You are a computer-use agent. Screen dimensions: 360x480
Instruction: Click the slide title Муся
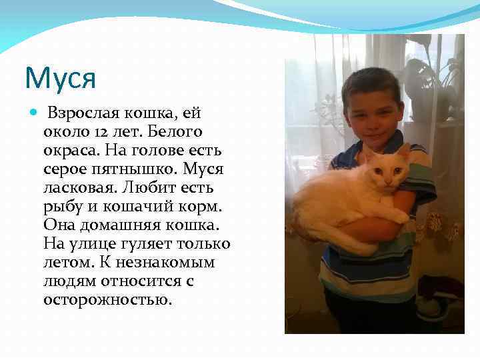click(x=61, y=77)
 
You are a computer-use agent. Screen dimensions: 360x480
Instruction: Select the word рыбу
click(x=61, y=206)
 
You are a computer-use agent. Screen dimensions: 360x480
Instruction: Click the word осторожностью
click(x=107, y=299)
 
